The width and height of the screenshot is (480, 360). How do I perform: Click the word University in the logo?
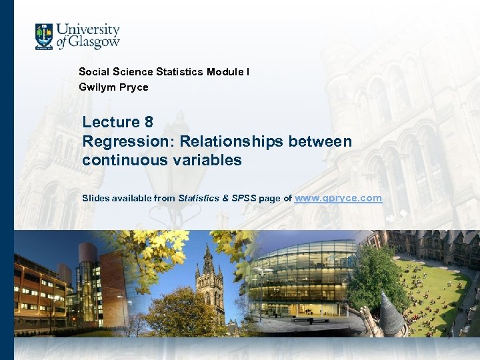tap(88, 30)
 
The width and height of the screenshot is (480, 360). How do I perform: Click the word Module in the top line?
tap(227, 71)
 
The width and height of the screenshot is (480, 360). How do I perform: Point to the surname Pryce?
tap(133, 87)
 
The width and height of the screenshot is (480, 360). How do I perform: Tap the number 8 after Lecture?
tap(148, 122)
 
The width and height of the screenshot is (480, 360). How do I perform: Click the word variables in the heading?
tap(206, 160)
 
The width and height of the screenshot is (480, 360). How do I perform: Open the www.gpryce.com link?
tap(338, 198)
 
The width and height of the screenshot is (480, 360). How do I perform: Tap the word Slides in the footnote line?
tap(95, 198)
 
